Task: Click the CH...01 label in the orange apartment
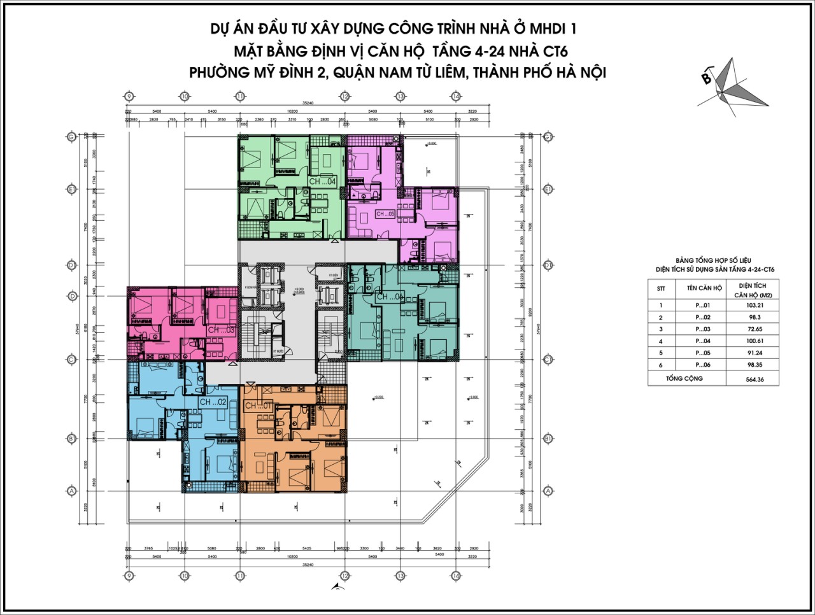(x=259, y=406)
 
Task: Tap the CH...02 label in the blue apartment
(x=213, y=402)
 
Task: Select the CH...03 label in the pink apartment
(x=221, y=330)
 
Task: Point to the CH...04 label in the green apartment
(x=322, y=181)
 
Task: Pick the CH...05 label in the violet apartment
(x=385, y=214)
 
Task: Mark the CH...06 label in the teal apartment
(x=390, y=297)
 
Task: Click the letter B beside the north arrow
(x=706, y=79)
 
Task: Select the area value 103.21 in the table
(x=752, y=306)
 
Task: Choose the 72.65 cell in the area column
(x=752, y=329)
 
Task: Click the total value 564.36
(x=752, y=380)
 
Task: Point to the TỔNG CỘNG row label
(x=684, y=379)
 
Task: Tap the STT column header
(x=661, y=288)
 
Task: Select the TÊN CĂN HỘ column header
(x=704, y=288)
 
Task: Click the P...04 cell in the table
(x=703, y=341)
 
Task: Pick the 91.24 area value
(x=752, y=353)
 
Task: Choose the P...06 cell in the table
(x=703, y=365)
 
